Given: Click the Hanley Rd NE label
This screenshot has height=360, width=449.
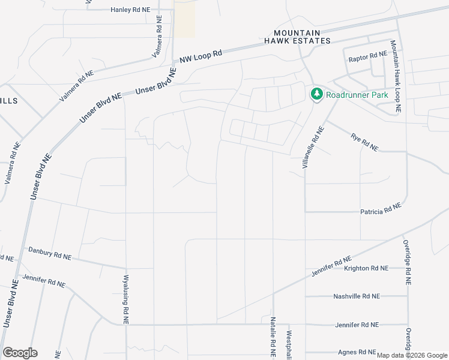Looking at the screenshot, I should point(130,10).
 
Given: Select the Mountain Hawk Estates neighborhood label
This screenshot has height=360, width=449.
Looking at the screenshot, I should point(298,37).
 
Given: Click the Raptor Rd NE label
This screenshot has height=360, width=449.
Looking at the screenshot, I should point(367,56).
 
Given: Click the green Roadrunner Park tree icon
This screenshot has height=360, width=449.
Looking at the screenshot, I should point(316,94).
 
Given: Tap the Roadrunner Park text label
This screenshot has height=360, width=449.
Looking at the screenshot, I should point(357,95).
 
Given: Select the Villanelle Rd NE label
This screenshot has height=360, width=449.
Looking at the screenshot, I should point(313,147).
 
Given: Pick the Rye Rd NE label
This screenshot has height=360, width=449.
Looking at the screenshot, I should point(364,142).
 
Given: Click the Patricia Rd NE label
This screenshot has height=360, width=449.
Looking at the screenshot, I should point(380,211).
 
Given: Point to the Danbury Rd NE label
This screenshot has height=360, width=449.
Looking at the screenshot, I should point(50,253).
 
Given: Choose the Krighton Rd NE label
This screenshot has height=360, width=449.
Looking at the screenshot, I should point(366,268).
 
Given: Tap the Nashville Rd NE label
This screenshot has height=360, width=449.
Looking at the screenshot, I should point(357,296).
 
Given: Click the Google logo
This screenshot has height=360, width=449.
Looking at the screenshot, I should point(20,352).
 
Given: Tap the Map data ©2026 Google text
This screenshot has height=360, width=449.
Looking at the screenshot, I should point(412,355).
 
